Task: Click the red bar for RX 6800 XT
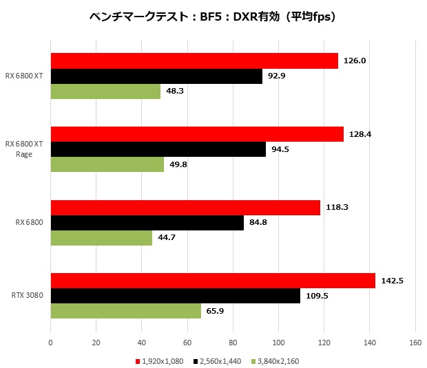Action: [x=194, y=61]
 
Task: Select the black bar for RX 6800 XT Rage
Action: [x=158, y=149]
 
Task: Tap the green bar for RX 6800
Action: [x=102, y=238]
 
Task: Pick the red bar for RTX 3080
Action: [x=213, y=281]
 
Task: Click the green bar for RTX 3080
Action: [x=126, y=311]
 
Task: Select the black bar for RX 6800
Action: [x=147, y=223]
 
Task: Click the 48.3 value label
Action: [x=175, y=91]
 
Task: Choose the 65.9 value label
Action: [x=215, y=311]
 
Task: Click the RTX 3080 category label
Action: [x=28, y=296]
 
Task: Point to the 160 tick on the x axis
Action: [x=415, y=342]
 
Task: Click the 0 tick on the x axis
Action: [x=51, y=342]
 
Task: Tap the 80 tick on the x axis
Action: [x=233, y=342]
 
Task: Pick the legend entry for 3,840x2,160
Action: [x=275, y=360]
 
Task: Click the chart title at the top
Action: [x=213, y=17]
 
